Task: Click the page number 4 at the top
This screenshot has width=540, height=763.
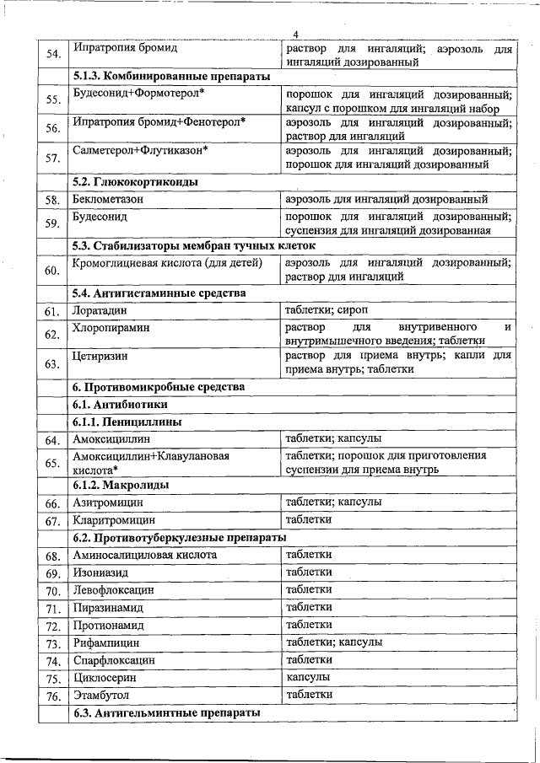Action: pos(295,34)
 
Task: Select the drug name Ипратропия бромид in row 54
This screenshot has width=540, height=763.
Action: pos(124,48)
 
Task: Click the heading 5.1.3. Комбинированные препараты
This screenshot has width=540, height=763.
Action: pos(171,77)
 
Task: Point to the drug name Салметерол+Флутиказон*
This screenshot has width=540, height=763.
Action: pos(140,150)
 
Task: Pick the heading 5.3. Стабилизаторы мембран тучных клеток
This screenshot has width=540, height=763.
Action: pos(194,245)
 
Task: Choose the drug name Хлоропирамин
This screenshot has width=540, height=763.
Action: pos(111,327)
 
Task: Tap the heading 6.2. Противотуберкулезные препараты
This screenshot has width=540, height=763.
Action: pos(179,537)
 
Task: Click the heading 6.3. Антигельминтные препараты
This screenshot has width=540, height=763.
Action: pos(165,713)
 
